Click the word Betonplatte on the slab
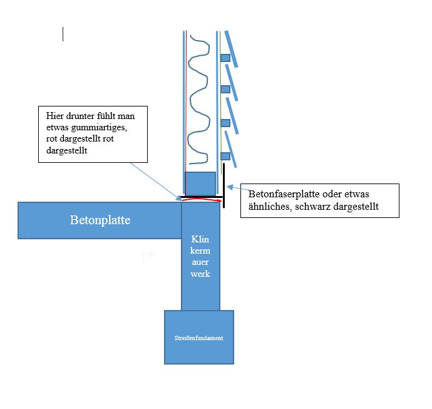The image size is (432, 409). tap(100, 220)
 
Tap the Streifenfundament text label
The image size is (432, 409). tap(198, 338)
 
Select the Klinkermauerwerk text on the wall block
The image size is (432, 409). tap(200, 257)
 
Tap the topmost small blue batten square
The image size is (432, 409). tap(225, 58)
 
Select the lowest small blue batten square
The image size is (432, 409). tap(226, 155)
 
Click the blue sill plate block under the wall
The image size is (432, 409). tap(200, 184)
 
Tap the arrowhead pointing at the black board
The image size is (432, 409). tap(230, 186)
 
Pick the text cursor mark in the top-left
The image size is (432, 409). tap(63, 34)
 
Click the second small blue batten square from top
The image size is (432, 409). tap(225, 89)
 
